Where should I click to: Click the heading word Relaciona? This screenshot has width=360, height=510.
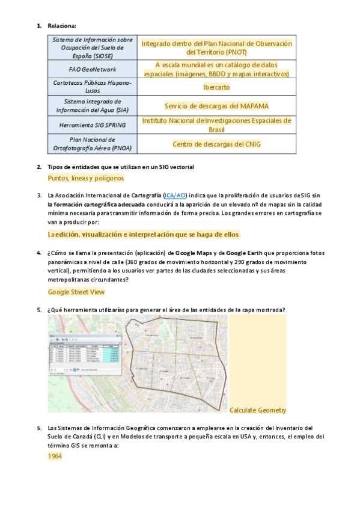pos(62,26)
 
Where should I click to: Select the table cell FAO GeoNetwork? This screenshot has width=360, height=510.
pos(93,69)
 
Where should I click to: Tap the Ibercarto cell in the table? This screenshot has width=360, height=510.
pos(216,87)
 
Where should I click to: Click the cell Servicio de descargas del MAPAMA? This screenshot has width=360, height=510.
pos(216,106)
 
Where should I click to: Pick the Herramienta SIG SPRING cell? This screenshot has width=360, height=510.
pos(93,125)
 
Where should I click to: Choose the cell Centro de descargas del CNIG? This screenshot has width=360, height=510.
pos(216,144)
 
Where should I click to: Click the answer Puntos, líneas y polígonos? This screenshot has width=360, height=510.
pos(85,178)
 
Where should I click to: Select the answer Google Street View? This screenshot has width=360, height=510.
pos(76,292)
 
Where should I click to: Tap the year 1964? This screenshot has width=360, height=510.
pos(55,456)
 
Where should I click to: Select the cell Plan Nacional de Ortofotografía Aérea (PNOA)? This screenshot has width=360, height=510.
pos(93,144)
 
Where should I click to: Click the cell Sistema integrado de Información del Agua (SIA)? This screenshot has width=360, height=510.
pos(93,106)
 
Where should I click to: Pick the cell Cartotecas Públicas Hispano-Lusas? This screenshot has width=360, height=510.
pos(93,87)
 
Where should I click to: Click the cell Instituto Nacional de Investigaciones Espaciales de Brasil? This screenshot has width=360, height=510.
pos(216,125)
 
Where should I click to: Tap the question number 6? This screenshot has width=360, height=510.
pos(39,428)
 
